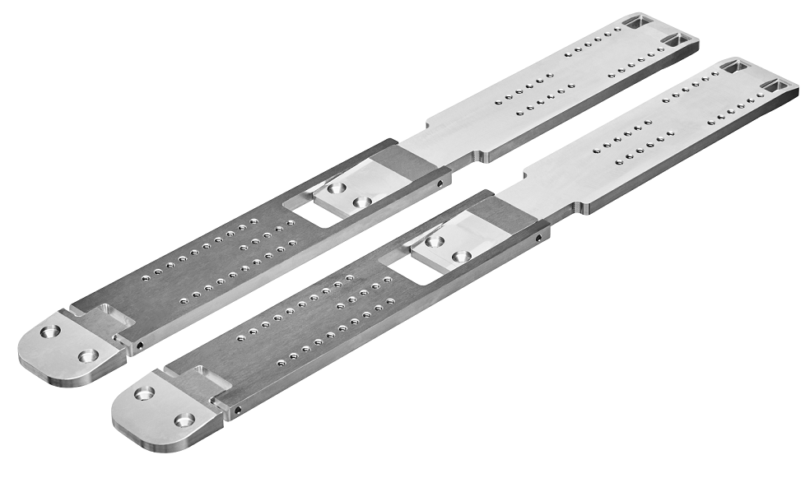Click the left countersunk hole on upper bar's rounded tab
50,332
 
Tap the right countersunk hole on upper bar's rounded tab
88,355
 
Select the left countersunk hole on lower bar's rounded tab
145,393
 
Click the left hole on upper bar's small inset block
335,188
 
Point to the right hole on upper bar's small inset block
361,202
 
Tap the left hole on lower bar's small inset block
435,242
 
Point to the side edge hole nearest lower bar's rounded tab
237,409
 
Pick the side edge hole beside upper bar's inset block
441,183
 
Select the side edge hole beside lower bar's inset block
539,239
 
